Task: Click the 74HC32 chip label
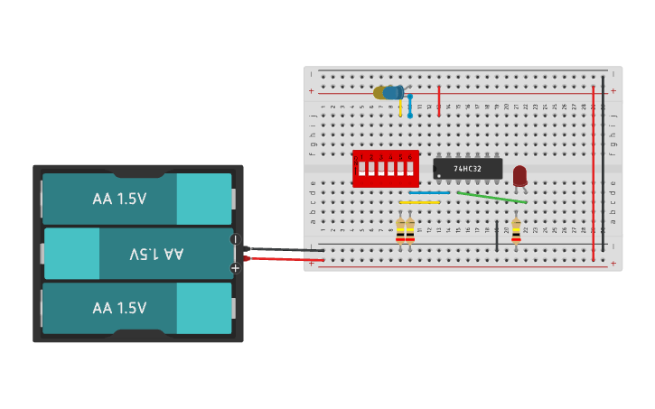[x=467, y=169]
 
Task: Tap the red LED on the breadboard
[x=519, y=175]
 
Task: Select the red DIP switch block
[x=386, y=169]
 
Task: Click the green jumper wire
[x=491, y=197]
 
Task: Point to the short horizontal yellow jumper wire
[x=419, y=202]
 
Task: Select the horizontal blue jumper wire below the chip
[x=429, y=192]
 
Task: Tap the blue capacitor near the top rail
[x=392, y=92]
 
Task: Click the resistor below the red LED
[x=516, y=230]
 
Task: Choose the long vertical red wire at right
[x=593, y=172]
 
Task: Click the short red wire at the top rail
[x=439, y=101]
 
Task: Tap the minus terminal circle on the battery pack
[x=235, y=239]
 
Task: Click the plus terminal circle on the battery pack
[x=235, y=267]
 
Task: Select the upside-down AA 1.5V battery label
[x=155, y=254]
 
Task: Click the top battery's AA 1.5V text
[x=119, y=199]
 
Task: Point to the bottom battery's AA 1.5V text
[x=119, y=308]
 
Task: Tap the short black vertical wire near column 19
[x=496, y=235]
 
